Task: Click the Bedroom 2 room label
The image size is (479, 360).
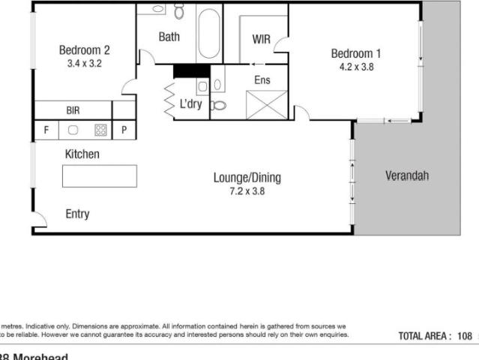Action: [84, 50]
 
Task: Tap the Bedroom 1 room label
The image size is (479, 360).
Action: [356, 53]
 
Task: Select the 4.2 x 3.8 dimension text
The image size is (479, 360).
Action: [356, 66]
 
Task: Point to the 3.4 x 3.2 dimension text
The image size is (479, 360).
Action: [84, 64]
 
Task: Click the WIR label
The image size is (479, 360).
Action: [262, 39]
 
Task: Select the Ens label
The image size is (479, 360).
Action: [262, 79]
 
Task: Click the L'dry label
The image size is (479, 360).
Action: [190, 104]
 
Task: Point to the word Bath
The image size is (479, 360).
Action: [169, 36]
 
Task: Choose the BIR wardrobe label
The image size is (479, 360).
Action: [73, 110]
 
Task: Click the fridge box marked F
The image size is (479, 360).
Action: [46, 130]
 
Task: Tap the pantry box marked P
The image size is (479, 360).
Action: [124, 130]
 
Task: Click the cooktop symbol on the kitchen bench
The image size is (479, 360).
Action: [100, 130]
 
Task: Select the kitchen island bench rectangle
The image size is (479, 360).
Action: [100, 175]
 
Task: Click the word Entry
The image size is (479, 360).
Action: [77, 214]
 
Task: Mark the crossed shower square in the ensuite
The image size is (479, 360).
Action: [262, 103]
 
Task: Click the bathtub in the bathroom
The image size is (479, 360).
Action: [209, 33]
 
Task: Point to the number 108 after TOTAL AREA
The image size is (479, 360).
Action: [465, 337]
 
